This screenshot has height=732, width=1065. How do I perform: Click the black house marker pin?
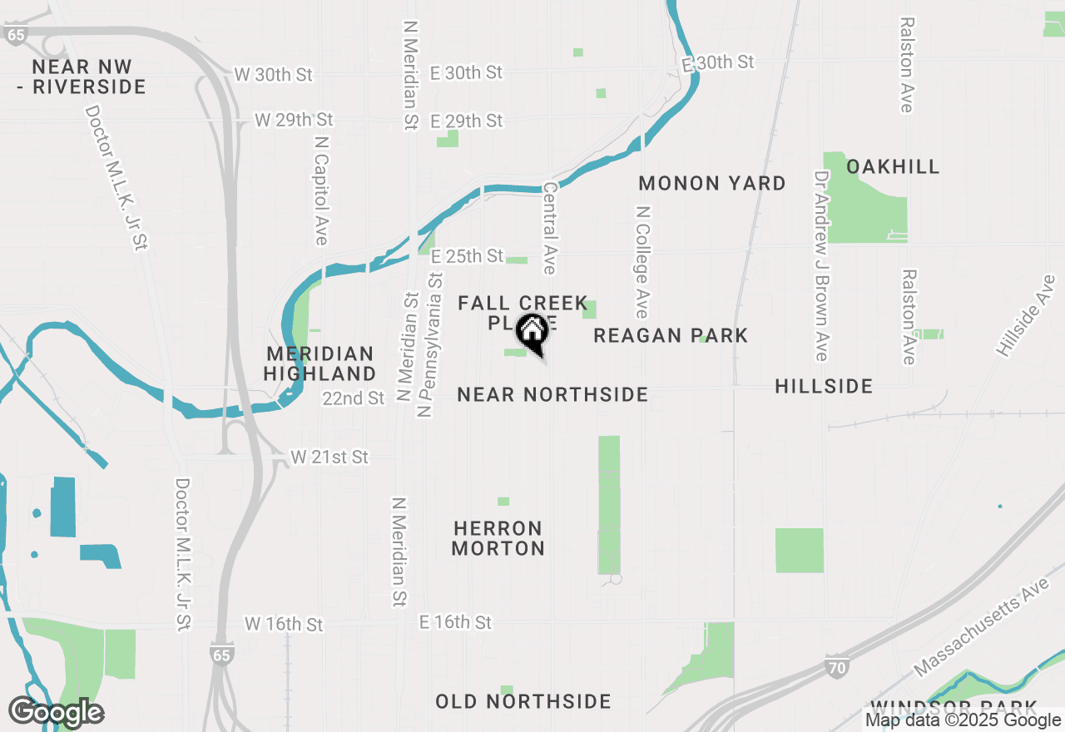click(x=532, y=333)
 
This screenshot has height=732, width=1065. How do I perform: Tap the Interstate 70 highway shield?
click(x=838, y=665)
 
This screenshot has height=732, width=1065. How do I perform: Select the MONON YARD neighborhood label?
click(x=712, y=183)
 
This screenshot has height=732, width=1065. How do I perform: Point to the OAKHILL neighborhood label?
click(x=893, y=166)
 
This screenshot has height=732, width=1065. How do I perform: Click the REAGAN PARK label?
click(x=671, y=335)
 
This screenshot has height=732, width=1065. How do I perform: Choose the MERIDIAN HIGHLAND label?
click(x=320, y=364)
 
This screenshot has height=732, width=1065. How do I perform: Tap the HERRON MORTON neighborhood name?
click(x=498, y=538)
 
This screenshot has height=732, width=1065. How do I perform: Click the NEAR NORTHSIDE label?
click(x=552, y=394)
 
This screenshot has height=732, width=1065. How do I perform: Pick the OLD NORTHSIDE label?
click(x=523, y=702)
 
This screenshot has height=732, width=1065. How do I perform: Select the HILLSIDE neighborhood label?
click(x=824, y=386)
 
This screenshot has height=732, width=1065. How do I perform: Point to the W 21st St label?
click(x=329, y=457)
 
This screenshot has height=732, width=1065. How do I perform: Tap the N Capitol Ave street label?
click(x=321, y=190)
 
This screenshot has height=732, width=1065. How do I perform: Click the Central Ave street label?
click(x=549, y=229)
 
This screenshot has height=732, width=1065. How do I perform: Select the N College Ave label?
click(x=641, y=262)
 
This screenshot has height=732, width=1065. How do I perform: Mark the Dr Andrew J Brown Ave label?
click(x=822, y=265)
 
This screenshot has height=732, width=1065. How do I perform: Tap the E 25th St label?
click(x=467, y=255)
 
